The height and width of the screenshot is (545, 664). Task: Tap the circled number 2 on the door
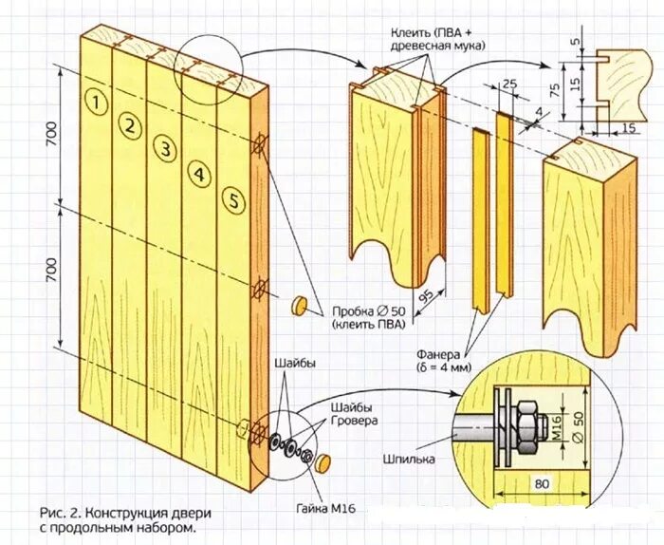point(129,124)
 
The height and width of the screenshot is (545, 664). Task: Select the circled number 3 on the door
point(164,149)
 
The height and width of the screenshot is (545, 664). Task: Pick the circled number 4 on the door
point(198,174)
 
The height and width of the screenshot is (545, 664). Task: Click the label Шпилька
point(409,460)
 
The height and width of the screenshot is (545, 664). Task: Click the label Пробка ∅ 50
point(366,310)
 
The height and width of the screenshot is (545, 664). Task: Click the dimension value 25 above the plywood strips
point(510,85)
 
